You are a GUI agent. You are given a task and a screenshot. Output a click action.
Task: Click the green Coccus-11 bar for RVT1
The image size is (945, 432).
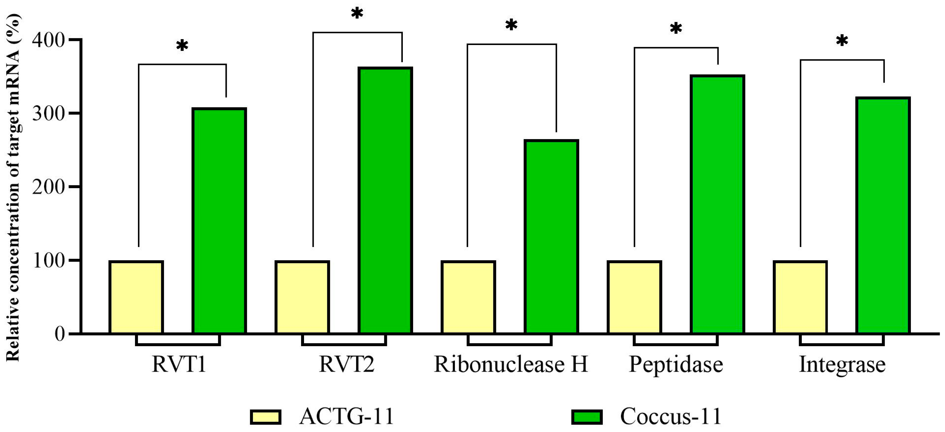point(219,221)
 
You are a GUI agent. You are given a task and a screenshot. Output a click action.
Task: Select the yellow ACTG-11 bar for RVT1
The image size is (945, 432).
point(136,297)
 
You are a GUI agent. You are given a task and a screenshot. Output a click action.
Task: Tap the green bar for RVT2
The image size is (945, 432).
point(385,200)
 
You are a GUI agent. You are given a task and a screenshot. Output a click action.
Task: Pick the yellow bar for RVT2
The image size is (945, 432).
point(302,297)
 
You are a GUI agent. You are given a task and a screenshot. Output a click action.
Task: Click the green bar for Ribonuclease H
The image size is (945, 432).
point(551,237)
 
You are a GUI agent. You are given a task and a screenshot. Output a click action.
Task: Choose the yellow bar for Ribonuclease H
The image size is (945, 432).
point(468,297)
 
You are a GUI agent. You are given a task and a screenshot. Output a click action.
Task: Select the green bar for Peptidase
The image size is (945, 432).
point(717,204)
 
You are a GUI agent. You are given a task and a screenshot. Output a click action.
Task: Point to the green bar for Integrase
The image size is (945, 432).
point(883,216)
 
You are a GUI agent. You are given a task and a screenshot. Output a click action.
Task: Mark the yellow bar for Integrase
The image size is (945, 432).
point(800,297)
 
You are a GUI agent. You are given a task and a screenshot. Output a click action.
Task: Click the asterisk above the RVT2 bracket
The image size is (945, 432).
point(357,14)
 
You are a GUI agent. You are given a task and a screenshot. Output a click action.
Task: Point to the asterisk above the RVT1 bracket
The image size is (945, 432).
point(182,46)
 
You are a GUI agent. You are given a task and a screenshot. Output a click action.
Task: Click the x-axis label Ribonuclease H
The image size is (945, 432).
point(511,364)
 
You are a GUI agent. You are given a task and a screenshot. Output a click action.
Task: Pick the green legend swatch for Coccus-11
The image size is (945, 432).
point(587,417)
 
